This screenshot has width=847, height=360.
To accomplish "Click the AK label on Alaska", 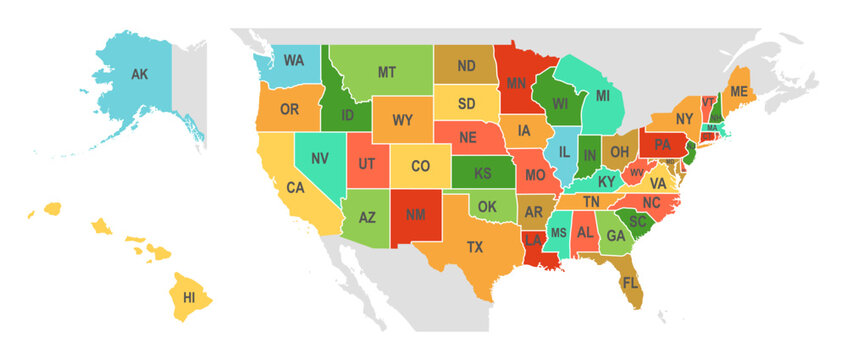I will coord(140,73).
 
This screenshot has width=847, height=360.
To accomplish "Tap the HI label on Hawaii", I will coord(189,297).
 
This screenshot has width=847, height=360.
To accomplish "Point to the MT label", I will coord(386,72).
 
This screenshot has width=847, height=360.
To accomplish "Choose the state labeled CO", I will coord(421,166).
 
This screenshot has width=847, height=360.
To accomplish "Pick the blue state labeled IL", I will coord(565,152).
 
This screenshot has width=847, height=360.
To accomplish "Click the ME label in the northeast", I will coord(738,91).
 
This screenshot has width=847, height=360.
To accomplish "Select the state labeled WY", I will coord(402,120).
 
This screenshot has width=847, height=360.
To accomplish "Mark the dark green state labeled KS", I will coord(482,173).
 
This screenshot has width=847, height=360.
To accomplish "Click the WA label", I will coord(293,60).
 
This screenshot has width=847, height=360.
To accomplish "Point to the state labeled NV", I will coord(320,159).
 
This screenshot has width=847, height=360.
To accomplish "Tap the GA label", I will coord(616,236).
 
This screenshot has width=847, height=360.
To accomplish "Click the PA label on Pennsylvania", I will coord(662,144).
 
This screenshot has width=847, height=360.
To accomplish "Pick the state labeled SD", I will coord(467,102).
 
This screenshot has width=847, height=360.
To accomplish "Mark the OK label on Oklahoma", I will coord(487,207).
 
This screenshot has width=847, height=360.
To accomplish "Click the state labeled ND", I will coord(466,66).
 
